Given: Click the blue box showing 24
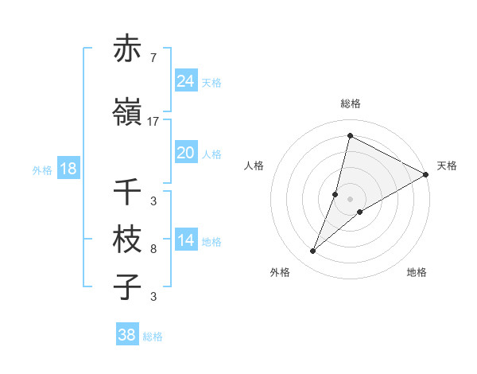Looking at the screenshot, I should click(x=186, y=81).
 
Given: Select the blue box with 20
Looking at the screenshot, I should click(x=186, y=153).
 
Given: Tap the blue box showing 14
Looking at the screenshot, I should click(x=186, y=240).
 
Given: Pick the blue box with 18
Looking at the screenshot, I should click(x=68, y=169).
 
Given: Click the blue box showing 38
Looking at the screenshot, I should click(x=127, y=335).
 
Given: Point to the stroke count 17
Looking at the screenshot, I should click(x=153, y=121).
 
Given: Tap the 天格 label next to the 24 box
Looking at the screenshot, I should click(x=211, y=82).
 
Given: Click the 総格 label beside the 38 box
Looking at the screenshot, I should click(x=153, y=337).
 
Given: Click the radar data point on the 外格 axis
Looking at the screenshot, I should click(x=313, y=251).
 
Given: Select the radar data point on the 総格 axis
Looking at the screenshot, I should click(x=350, y=135).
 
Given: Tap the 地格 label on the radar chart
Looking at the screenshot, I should click(x=417, y=272).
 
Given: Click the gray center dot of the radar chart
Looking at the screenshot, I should click(x=350, y=199).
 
